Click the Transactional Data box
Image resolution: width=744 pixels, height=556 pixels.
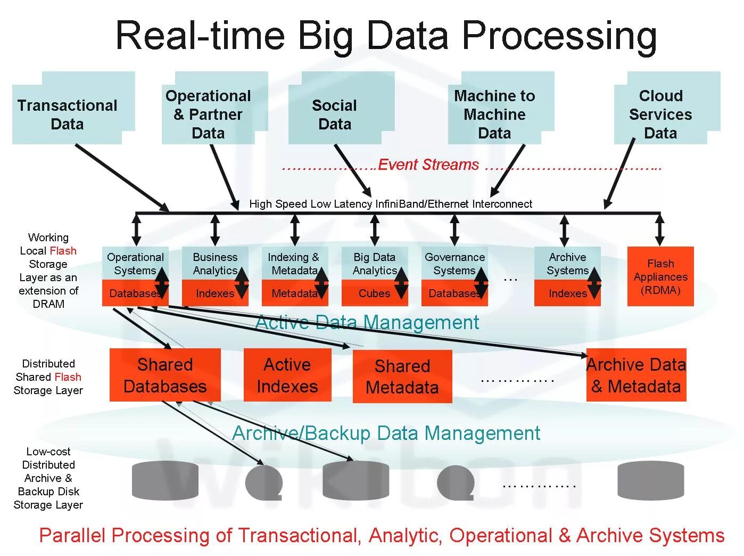pyautogui.click(x=68, y=115)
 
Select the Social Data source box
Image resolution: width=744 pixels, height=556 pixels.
pyautogui.click(x=335, y=115)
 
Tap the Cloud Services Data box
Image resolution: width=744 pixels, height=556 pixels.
pyautogui.click(x=660, y=115)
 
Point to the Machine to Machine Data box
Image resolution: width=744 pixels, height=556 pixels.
pyautogui.click(x=494, y=115)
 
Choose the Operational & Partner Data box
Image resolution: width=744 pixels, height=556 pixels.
pyautogui.click(x=208, y=115)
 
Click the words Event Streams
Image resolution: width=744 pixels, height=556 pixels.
pyautogui.click(x=428, y=165)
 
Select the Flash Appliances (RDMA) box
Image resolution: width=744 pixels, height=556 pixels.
pyautogui.click(x=660, y=276)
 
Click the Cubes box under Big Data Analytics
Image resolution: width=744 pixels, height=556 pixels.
pyautogui.click(x=374, y=293)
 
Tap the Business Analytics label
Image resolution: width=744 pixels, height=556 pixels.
pyautogui.click(x=215, y=264)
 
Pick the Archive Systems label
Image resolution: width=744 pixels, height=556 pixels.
pyautogui.click(x=567, y=264)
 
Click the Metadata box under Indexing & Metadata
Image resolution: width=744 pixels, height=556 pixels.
pyautogui.click(x=294, y=293)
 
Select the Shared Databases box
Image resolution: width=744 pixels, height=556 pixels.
pyautogui.click(x=165, y=375)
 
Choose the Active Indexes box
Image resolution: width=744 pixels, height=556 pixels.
pyautogui.click(x=287, y=375)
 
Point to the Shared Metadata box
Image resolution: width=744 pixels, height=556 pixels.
pyautogui.click(x=402, y=376)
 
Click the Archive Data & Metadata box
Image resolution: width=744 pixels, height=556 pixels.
pyautogui.click(x=636, y=375)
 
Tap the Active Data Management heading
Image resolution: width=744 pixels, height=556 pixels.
pyautogui.click(x=367, y=322)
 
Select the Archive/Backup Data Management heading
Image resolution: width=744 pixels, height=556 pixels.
pyautogui.click(x=386, y=433)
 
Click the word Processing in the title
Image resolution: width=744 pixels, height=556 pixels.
pyautogui.click(x=559, y=36)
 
